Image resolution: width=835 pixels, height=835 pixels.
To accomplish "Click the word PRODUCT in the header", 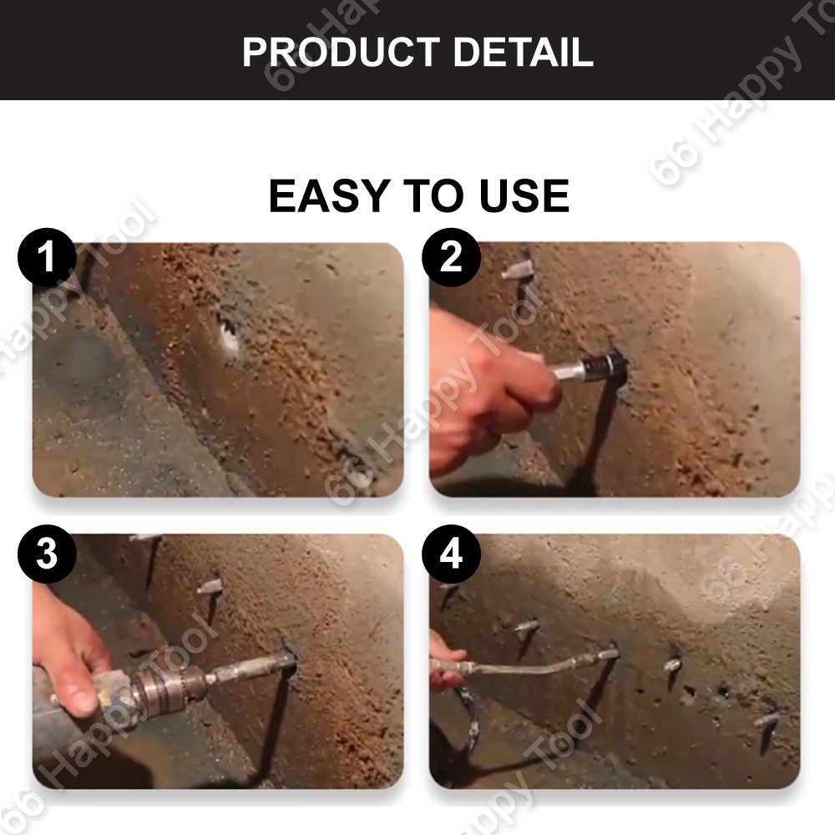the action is click(x=342, y=52).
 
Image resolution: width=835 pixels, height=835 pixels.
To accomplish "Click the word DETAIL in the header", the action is click(x=523, y=52).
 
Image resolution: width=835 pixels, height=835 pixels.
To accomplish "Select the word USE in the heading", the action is click(x=524, y=195).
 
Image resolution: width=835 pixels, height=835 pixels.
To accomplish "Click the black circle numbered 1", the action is click(x=47, y=257).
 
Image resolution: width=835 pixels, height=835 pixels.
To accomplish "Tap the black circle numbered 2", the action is click(x=451, y=257).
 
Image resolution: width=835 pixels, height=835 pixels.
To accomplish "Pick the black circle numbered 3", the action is click(x=47, y=554).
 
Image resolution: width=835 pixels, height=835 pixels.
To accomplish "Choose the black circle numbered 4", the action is click(x=451, y=554).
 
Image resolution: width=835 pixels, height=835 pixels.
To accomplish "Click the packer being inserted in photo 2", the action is click(x=591, y=366).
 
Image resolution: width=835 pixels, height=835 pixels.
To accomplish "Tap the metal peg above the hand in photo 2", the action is click(x=517, y=269).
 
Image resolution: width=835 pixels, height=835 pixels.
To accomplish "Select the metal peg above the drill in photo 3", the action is click(x=209, y=586).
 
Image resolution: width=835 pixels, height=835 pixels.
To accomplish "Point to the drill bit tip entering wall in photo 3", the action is click(x=291, y=660).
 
